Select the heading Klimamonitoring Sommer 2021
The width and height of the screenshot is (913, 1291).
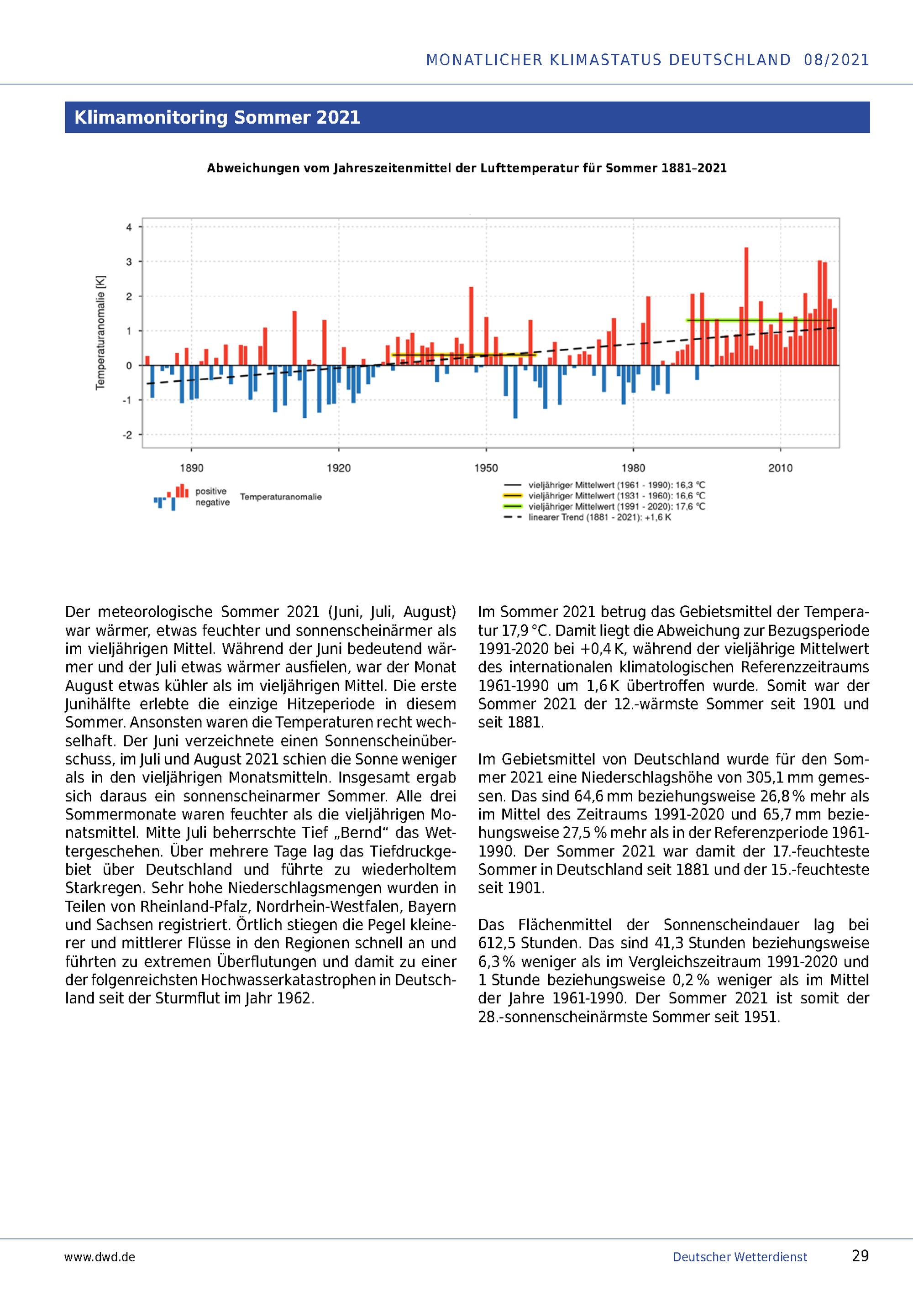click(x=217, y=117)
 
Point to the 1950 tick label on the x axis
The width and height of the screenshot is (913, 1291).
click(x=486, y=468)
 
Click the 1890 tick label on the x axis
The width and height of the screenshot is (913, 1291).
click(x=191, y=468)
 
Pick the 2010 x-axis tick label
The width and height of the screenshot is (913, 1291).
click(x=780, y=468)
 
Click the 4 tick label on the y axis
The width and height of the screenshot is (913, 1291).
click(x=129, y=228)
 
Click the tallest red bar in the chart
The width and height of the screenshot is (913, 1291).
click(x=746, y=306)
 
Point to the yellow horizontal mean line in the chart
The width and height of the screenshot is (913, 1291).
click(x=463, y=355)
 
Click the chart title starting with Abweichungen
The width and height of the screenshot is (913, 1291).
click(x=467, y=168)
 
